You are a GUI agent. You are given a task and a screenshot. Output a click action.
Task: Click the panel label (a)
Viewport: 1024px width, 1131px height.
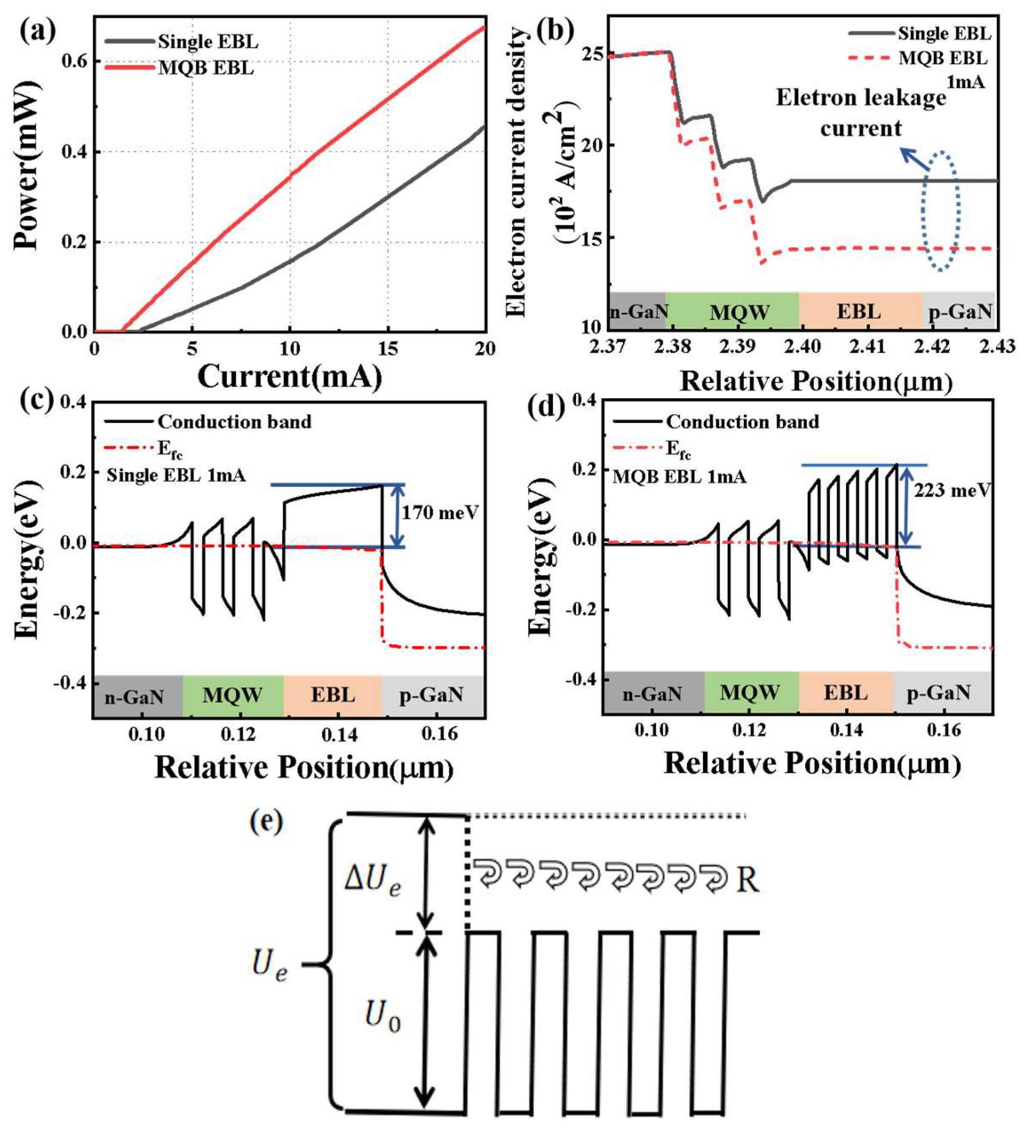point(37,31)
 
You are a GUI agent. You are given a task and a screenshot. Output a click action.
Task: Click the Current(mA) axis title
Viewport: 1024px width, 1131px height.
point(290,377)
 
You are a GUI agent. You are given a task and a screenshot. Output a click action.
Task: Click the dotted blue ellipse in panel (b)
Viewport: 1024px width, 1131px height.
point(941,211)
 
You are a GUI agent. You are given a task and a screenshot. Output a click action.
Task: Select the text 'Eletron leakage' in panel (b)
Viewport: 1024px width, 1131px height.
point(861,98)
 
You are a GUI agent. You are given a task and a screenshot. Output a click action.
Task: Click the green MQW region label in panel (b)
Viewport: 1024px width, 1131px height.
point(739,312)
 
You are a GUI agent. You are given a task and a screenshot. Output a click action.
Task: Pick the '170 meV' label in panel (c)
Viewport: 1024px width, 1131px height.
point(440,512)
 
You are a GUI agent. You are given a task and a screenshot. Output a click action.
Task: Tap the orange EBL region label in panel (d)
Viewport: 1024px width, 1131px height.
point(845,692)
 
